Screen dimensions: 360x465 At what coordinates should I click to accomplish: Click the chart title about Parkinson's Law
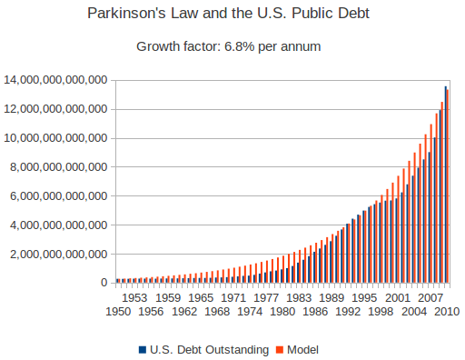pos(232,15)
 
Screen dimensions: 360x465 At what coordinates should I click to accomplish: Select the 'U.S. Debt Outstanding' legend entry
pos(203,349)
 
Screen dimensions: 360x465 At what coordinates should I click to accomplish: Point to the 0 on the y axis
pos(104,283)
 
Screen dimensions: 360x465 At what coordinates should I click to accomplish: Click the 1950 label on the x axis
pos(118,312)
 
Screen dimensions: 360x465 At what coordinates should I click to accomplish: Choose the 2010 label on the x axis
pos(445,312)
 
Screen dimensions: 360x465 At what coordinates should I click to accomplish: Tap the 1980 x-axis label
pos(282,312)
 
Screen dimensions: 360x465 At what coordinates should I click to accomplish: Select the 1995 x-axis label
pos(364,297)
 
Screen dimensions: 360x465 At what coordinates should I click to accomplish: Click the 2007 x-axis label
pos(430,297)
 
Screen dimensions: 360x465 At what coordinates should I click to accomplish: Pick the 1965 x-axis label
pos(201,297)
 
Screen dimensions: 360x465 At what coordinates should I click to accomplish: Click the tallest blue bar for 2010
pos(445,182)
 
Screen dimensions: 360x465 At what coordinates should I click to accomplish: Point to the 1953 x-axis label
pos(135,297)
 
